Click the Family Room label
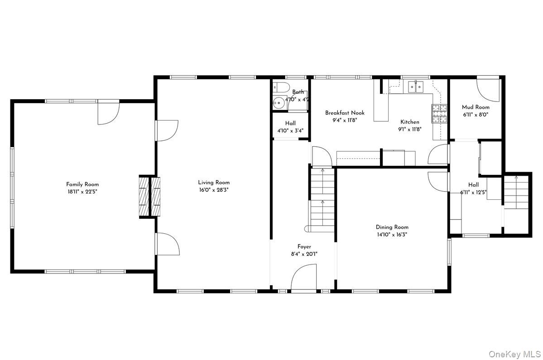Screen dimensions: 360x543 pos(82,184)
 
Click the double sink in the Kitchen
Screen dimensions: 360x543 pos(415,86)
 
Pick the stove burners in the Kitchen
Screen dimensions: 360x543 pos(438,114)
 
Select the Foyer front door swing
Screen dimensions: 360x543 pos(303,279)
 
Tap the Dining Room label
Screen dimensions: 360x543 pos(392,227)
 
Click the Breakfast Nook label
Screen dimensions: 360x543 pos(345,113)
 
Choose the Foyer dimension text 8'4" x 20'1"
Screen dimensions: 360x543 pos(304,254)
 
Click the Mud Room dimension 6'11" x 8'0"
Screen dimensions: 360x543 pos(476,115)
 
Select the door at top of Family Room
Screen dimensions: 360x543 pos(109,112)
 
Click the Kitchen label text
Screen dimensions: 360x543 pos(409,122)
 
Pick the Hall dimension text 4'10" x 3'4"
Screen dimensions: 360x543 pos(290,131)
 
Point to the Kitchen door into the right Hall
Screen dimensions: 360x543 pos(437,155)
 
